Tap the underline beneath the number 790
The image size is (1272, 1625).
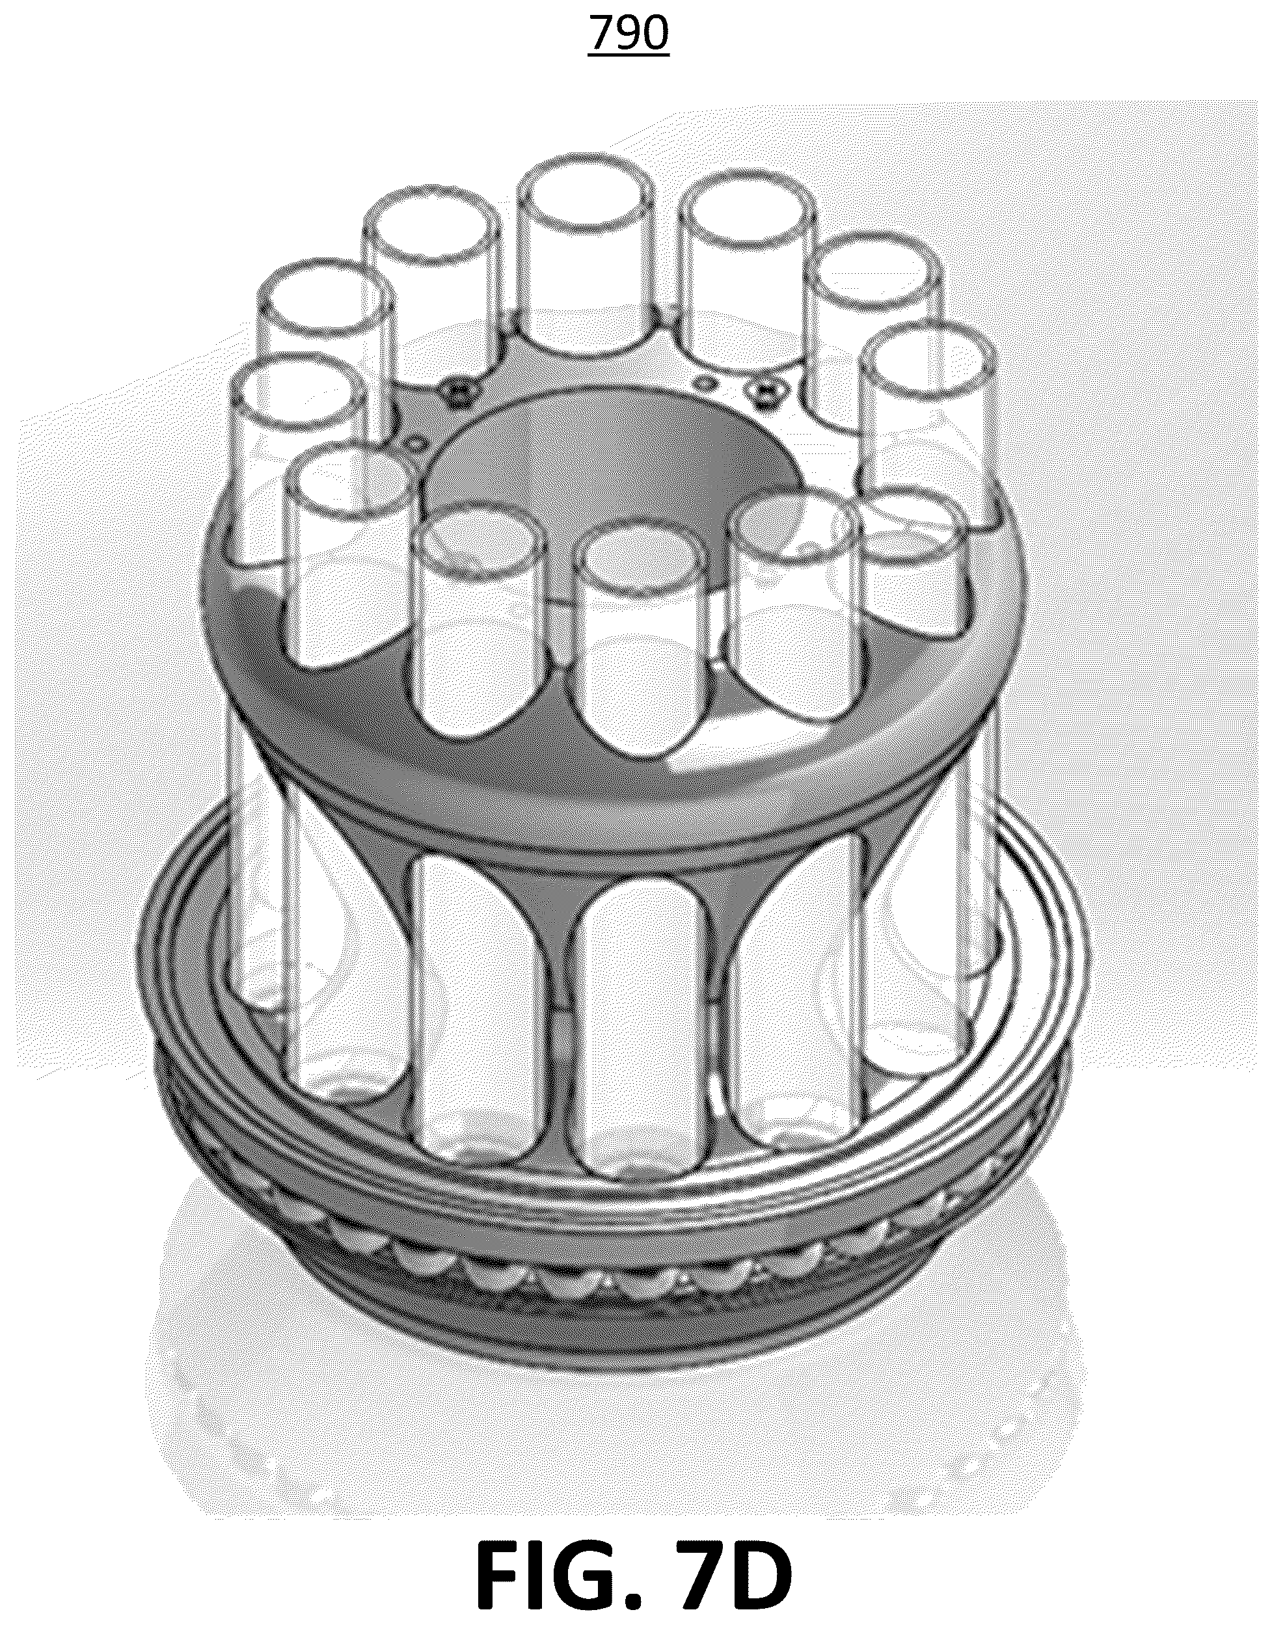(629, 53)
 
